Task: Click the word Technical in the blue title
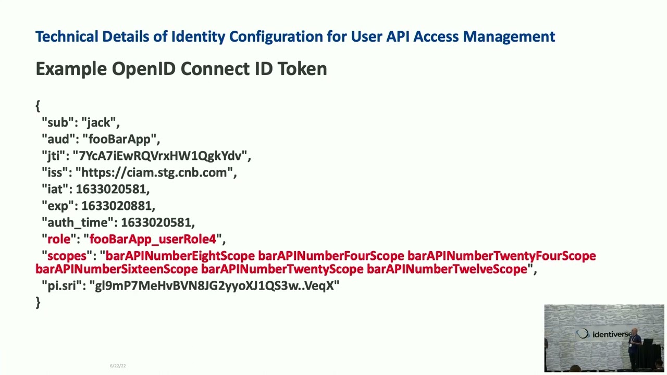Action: click(x=67, y=36)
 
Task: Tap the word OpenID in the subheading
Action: click(x=143, y=69)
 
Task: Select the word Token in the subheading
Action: click(x=302, y=69)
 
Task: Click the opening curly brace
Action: click(x=38, y=106)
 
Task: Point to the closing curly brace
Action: click(x=38, y=303)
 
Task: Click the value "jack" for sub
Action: click(x=98, y=122)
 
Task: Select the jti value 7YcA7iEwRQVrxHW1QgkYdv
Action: click(x=160, y=156)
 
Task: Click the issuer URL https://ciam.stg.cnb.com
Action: click(x=154, y=172)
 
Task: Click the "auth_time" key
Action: click(x=79, y=222)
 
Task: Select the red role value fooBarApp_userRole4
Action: click(x=153, y=239)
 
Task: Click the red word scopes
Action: click(x=67, y=256)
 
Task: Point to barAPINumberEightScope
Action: click(x=180, y=256)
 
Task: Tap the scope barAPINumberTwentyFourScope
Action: click(x=501, y=256)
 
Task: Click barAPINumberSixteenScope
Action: click(x=117, y=269)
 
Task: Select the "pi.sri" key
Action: click(x=62, y=286)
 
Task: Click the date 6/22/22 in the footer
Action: click(x=118, y=366)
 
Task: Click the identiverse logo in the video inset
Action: click(x=603, y=334)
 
